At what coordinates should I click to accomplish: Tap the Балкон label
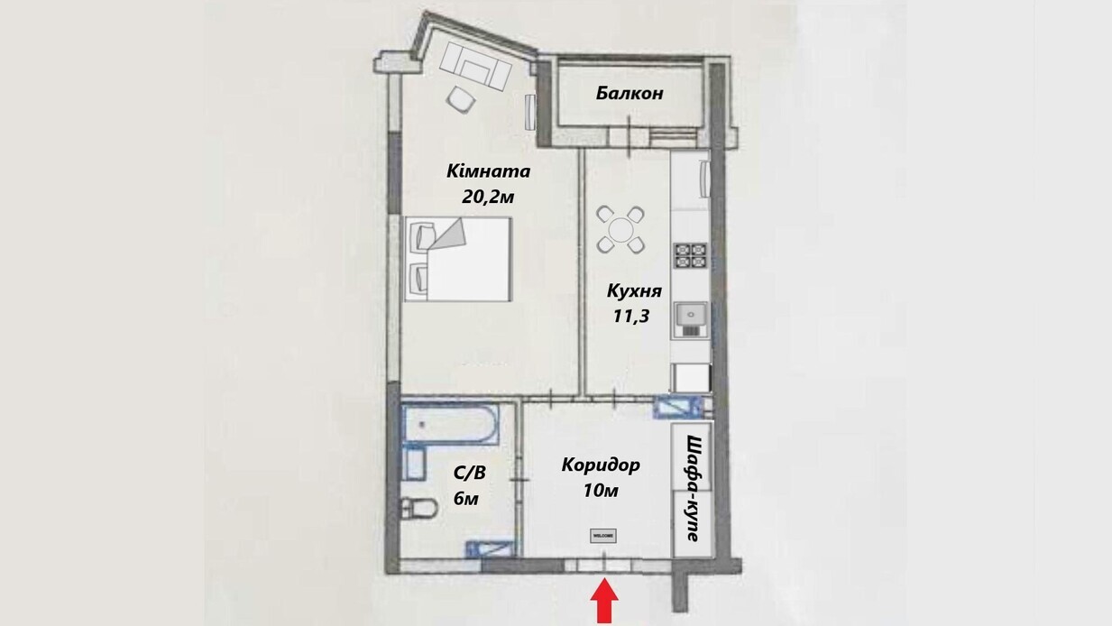tap(629, 93)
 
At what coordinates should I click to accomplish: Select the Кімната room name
tap(488, 171)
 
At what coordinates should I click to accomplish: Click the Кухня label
tap(635, 291)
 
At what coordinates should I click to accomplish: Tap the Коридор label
tap(601, 465)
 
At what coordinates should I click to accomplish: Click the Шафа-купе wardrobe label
tap(693, 488)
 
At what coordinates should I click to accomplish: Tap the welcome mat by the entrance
tap(602, 536)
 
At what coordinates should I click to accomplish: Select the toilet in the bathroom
tap(416, 508)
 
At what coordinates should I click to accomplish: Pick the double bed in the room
tap(459, 260)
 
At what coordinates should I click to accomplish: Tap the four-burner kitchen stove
tap(690, 256)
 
